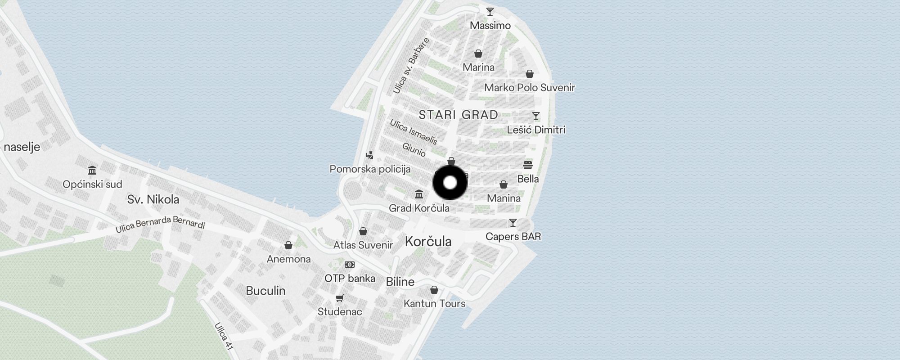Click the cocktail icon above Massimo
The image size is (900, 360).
(x=490, y=12)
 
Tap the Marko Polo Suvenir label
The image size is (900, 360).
(x=529, y=88)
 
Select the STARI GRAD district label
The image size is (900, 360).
(x=458, y=115)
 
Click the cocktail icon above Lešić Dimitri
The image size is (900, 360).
(x=535, y=116)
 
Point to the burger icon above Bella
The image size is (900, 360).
(x=528, y=165)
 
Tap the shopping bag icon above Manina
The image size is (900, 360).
(x=504, y=184)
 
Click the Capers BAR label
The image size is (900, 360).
(x=513, y=237)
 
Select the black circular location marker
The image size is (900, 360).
(x=450, y=183)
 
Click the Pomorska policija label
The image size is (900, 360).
(x=370, y=169)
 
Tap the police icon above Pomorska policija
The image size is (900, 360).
(x=370, y=156)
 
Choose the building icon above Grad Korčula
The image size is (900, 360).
(x=419, y=194)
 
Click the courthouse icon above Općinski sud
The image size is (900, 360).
(x=92, y=171)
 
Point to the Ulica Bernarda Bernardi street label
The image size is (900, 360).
(x=160, y=224)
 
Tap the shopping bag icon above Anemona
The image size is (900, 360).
(x=288, y=245)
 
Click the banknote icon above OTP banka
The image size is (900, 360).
(x=350, y=265)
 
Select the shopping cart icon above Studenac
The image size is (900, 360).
(x=340, y=298)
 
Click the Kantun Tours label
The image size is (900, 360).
(x=434, y=304)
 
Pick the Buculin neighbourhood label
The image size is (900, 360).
(x=265, y=291)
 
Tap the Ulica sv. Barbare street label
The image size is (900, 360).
(x=411, y=66)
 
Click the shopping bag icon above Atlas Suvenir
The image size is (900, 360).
(x=363, y=231)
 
